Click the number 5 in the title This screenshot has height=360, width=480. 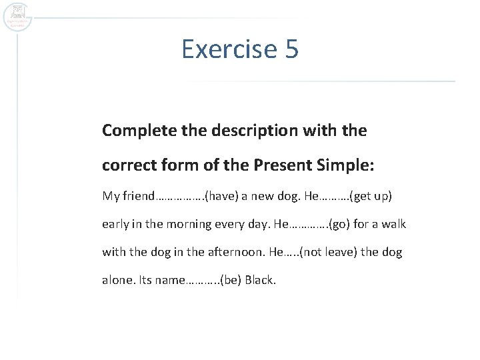point(291,49)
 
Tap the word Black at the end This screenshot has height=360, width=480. point(260,280)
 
